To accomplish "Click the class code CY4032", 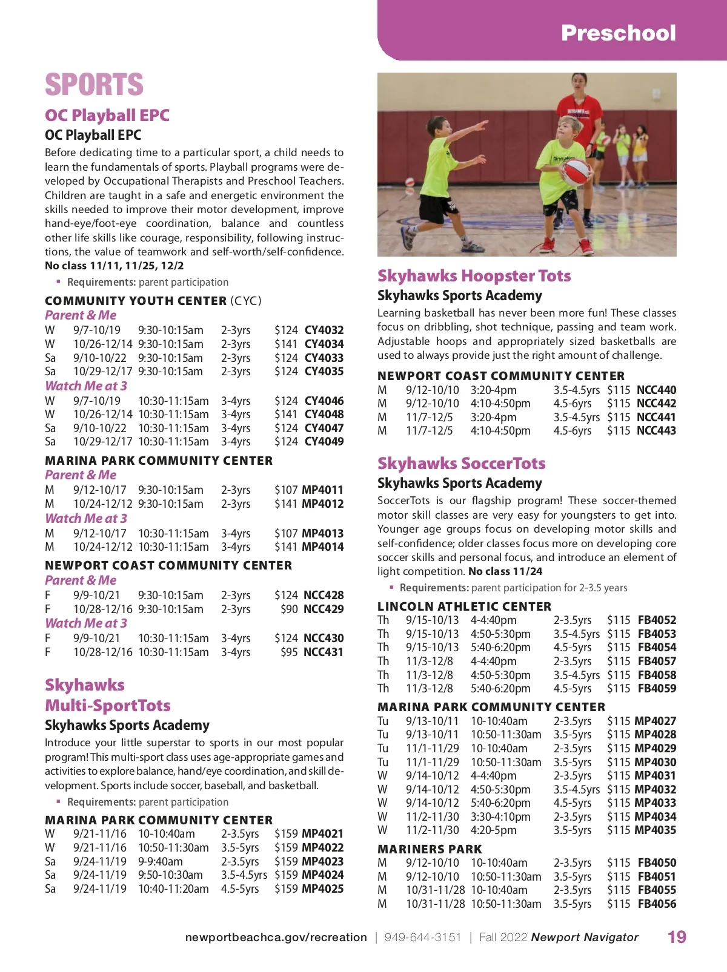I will (x=324, y=330).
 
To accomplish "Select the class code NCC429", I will (x=323, y=609).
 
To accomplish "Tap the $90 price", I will (x=289, y=609).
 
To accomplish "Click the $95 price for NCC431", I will (x=289, y=652).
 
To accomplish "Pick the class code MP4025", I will (x=322, y=888).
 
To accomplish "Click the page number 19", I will (x=677, y=937).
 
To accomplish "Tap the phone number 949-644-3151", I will (x=422, y=937).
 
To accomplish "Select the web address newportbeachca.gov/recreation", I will (x=276, y=937).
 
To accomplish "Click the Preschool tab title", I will (x=618, y=33).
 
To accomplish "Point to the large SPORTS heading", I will (x=94, y=84).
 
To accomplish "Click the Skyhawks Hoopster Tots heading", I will (x=474, y=276).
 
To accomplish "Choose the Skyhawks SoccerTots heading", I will (x=461, y=464).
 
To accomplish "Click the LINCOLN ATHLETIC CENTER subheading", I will (x=464, y=606).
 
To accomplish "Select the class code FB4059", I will (x=657, y=688).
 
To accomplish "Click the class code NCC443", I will (x=656, y=430).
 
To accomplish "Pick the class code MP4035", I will (x=655, y=830).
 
